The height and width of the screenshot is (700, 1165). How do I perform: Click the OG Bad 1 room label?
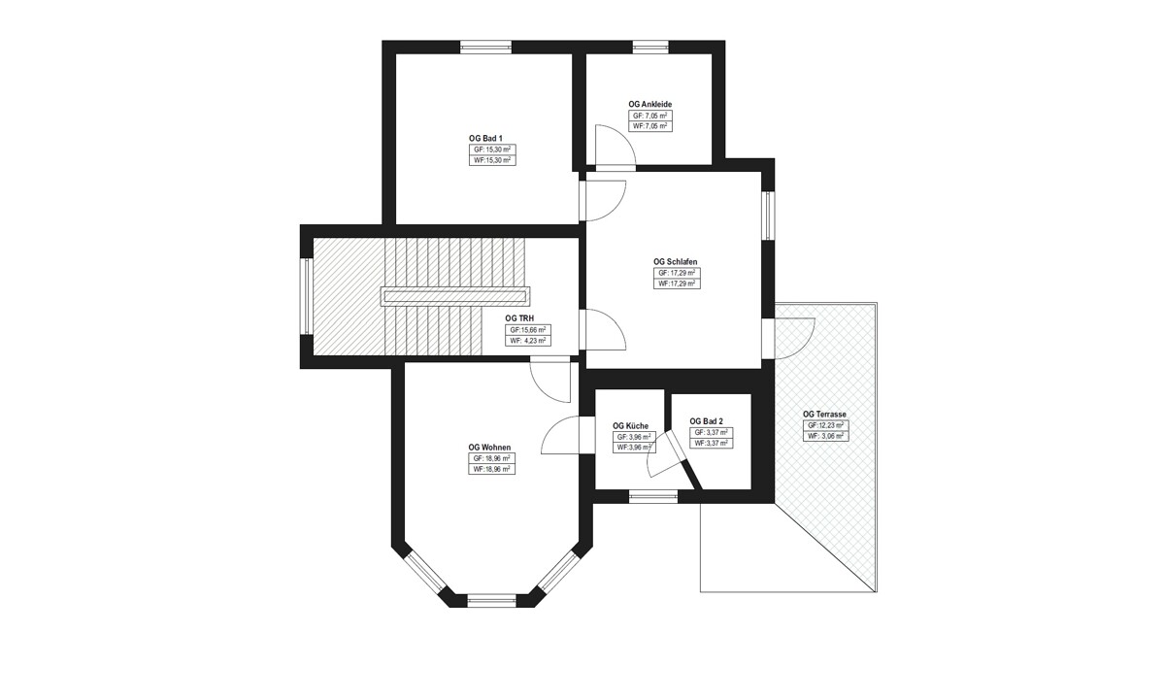[485, 138]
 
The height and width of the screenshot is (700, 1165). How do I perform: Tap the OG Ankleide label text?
[650, 105]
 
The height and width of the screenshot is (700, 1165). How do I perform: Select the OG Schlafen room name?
[675, 262]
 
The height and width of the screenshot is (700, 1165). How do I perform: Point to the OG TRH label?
[519, 318]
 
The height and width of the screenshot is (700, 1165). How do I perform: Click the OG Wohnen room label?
[489, 448]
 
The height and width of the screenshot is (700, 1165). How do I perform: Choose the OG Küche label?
[630, 426]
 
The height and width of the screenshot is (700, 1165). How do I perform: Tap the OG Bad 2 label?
[707, 421]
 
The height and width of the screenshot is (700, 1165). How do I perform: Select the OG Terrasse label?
[824, 414]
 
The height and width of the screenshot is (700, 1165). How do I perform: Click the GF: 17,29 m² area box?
[677, 273]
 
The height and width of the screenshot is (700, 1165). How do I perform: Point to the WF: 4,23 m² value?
[528, 341]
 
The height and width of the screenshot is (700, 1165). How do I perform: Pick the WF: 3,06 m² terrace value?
[825, 436]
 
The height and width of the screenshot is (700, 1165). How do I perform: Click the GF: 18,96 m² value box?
[491, 458]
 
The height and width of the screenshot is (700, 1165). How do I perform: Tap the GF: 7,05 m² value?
[650, 116]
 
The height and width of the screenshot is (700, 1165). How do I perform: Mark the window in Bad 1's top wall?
[485, 48]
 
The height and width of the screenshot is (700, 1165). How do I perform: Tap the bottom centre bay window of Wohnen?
[491, 601]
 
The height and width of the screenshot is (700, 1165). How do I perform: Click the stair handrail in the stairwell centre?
[455, 297]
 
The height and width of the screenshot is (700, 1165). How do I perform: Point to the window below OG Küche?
[653, 497]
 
